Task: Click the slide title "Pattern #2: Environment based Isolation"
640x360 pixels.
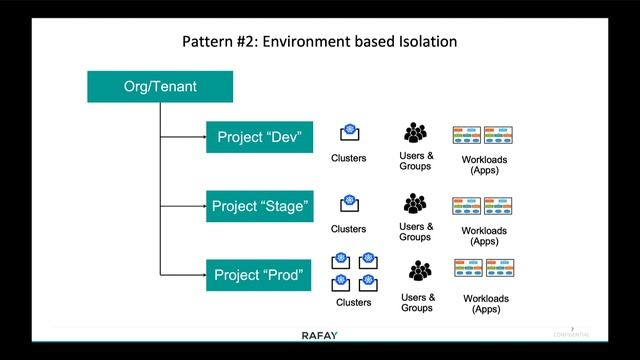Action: pos(319,42)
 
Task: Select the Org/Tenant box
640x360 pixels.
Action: pos(160,86)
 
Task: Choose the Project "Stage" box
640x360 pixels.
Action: pos(260,207)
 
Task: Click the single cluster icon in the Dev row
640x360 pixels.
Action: pos(349,134)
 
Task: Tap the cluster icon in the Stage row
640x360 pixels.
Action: pos(349,206)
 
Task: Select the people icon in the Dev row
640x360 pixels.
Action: pos(416,133)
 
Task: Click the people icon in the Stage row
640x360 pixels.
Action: pos(416,205)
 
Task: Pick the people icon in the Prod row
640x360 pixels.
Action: pos(419,271)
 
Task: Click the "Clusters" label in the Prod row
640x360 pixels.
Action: pos(354,303)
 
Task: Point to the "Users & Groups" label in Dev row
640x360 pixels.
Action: pos(416,160)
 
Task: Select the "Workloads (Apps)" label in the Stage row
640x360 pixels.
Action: pos(484,236)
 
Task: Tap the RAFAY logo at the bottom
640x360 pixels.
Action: pos(319,335)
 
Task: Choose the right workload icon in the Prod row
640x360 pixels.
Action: pos(500,268)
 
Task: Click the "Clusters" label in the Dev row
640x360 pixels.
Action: pos(349,158)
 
